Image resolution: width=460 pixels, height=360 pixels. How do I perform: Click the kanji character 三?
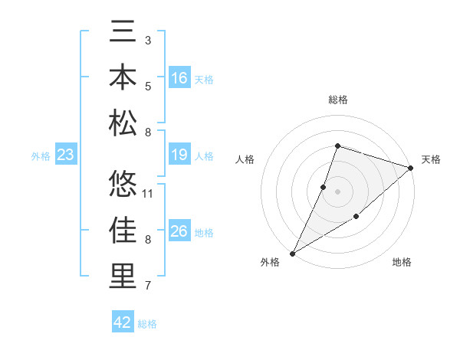click(x=123, y=32)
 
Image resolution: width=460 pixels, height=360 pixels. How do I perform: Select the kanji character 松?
click(x=123, y=123)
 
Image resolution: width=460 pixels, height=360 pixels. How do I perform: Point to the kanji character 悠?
click(x=123, y=184)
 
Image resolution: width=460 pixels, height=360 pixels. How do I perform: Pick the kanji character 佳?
click(x=123, y=229)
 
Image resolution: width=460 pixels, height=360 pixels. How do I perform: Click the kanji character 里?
click(x=123, y=276)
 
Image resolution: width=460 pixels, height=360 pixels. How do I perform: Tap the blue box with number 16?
click(x=179, y=78)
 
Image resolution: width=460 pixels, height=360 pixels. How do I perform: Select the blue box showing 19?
click(x=179, y=155)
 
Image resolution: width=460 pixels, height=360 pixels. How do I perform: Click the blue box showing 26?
click(x=179, y=232)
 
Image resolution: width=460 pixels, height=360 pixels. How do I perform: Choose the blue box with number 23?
click(x=66, y=155)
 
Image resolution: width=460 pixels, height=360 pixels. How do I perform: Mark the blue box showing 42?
click(x=123, y=322)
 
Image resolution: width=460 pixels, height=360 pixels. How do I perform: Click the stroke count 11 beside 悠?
click(x=149, y=193)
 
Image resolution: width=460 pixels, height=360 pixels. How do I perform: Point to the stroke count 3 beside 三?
click(x=148, y=40)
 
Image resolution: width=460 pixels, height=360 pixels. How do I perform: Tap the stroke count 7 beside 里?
click(x=148, y=286)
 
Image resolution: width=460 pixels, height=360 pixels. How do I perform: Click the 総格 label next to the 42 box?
click(x=147, y=324)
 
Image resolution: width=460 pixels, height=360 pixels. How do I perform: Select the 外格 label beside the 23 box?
click(x=41, y=156)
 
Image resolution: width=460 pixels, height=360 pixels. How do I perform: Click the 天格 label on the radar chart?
click(x=431, y=159)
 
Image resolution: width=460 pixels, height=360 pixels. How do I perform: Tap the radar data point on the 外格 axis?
click(x=292, y=254)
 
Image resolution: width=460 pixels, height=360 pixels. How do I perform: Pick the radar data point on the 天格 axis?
click(x=411, y=169)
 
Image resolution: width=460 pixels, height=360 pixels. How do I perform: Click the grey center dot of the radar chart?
click(x=337, y=191)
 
